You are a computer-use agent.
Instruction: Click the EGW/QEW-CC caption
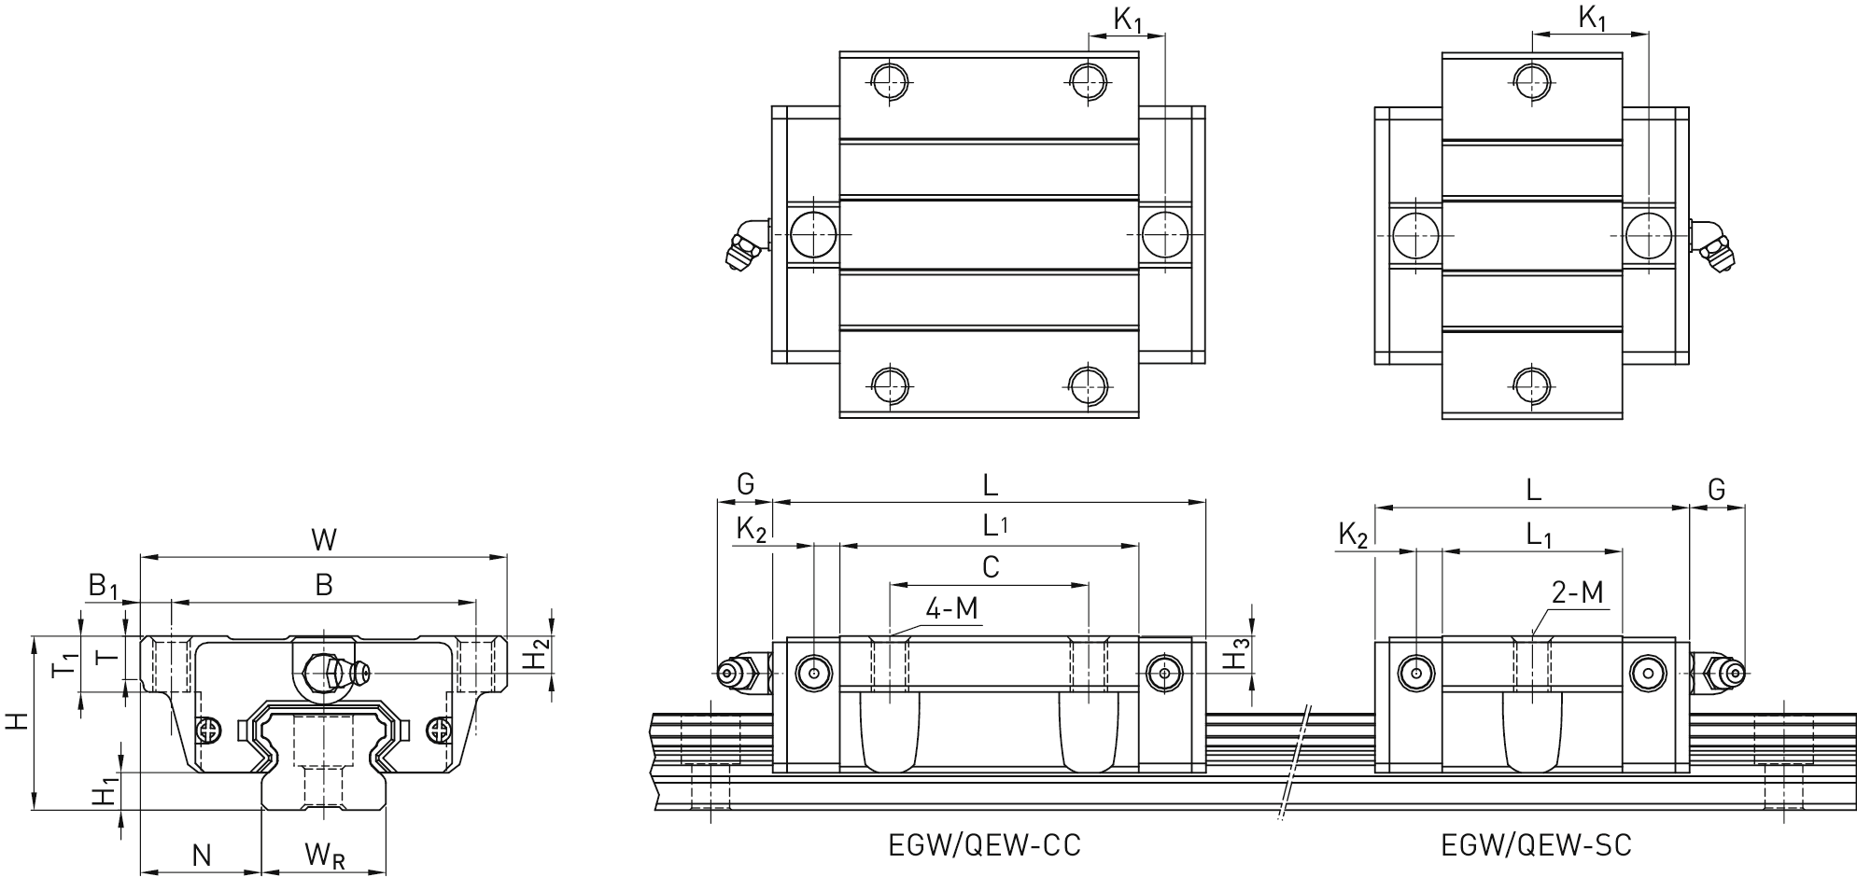(x=984, y=845)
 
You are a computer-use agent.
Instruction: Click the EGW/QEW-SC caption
(x=1536, y=845)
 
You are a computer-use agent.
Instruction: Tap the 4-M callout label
(x=951, y=609)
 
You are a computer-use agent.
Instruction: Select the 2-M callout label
(x=1577, y=592)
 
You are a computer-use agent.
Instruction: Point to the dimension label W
(x=323, y=539)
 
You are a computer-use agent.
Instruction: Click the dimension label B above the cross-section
(x=323, y=585)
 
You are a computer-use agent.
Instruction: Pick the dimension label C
(x=991, y=566)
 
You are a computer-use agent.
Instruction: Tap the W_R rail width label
(x=324, y=855)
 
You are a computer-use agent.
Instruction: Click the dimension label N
(x=201, y=855)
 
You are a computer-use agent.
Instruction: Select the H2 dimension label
(x=534, y=654)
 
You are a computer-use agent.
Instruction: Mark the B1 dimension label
(x=104, y=587)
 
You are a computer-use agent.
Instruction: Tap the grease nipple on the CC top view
(x=744, y=245)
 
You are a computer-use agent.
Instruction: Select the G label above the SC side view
(x=1716, y=489)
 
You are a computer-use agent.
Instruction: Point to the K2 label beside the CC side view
(x=751, y=529)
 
